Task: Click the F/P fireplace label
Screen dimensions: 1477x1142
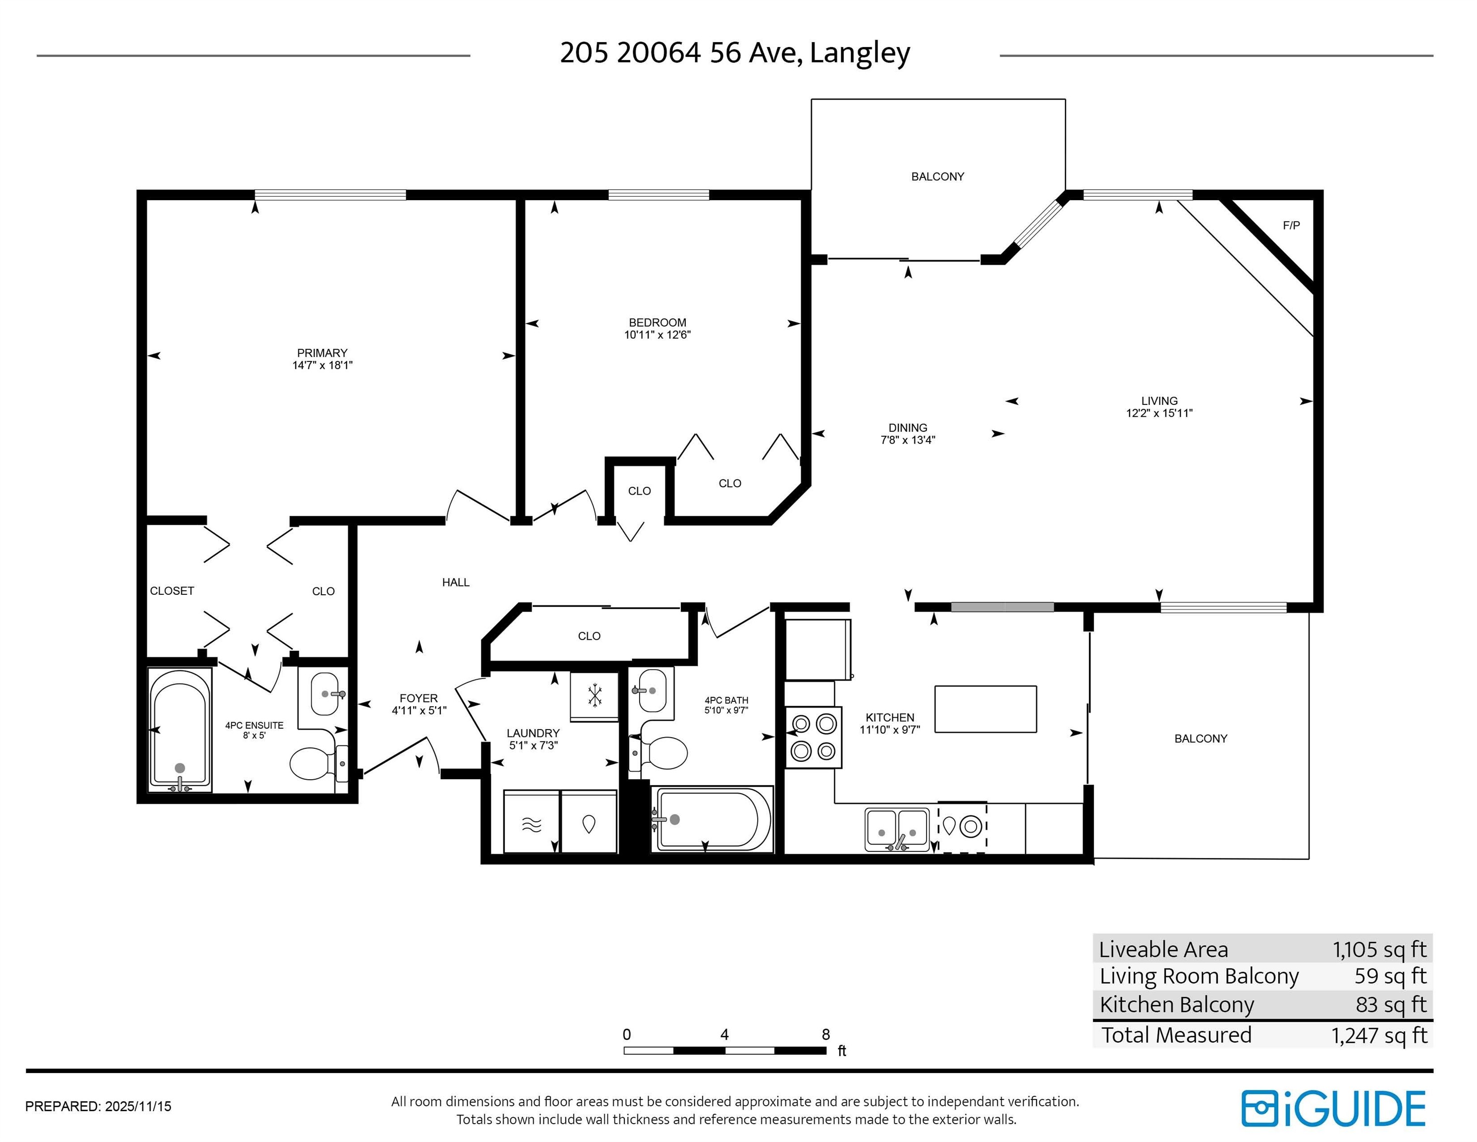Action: click(1291, 226)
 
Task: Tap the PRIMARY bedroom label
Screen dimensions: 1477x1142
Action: click(322, 352)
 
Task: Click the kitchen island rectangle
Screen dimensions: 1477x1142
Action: click(985, 709)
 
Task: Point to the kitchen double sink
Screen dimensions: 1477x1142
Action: click(897, 829)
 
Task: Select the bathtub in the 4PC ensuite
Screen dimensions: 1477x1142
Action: click(180, 730)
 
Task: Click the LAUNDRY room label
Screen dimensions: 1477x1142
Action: click(533, 733)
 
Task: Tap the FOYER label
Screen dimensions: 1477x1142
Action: click(419, 698)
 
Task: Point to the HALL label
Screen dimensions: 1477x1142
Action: click(456, 582)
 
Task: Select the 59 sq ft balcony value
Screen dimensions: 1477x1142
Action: click(1390, 976)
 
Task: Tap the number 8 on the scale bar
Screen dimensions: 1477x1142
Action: click(826, 1034)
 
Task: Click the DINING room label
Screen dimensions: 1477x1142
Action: click(908, 428)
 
